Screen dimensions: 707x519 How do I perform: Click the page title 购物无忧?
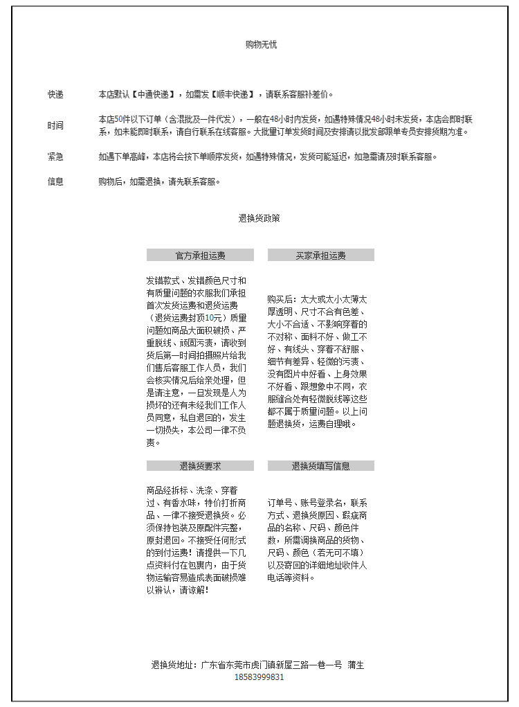tap(261, 45)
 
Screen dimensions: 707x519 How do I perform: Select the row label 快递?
tap(55, 95)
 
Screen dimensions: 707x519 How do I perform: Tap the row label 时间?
tap(55, 126)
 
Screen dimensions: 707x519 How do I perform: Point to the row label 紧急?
tap(55, 157)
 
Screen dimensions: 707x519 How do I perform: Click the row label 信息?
tap(55, 182)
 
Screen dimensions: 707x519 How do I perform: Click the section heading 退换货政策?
tap(259, 218)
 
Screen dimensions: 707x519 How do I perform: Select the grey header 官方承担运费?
tap(200, 256)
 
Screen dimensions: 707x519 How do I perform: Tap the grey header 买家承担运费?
tap(320, 256)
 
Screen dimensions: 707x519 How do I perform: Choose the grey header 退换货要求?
tap(200, 466)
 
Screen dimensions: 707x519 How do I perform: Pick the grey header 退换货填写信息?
tap(320, 466)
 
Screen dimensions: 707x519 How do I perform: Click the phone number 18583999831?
tap(259, 677)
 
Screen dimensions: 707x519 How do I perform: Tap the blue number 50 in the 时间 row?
tap(118, 119)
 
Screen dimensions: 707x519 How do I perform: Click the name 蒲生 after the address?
tap(356, 665)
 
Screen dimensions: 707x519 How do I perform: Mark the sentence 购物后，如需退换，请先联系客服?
tap(159, 182)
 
